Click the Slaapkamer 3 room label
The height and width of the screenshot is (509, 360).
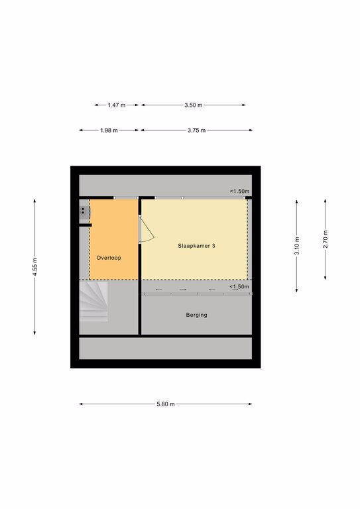pos(196,246)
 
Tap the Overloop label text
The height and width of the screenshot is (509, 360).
pos(109,258)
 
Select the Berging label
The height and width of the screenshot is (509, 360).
pos(196,315)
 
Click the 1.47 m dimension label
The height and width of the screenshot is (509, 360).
pos(117,105)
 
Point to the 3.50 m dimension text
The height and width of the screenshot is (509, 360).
pos(194,105)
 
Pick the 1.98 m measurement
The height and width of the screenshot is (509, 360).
pos(109,131)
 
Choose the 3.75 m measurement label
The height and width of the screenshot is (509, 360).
pos(197,131)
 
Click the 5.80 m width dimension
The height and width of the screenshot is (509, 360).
pos(166,404)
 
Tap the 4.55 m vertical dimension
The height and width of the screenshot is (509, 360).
pos(34,267)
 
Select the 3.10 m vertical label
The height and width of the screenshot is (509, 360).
pos(297,246)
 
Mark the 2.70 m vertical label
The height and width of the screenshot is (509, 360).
pos(326,239)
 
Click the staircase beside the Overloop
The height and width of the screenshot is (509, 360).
pos(93,302)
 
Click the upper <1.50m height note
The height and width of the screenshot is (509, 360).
pos(239,191)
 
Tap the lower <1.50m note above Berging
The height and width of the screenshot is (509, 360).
pos(239,286)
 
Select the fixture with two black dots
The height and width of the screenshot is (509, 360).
pos(85,212)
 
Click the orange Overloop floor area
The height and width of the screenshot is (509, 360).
pos(113,239)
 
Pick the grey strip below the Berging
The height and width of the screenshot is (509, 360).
pos(166,349)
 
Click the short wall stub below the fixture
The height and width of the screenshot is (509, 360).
pos(86,225)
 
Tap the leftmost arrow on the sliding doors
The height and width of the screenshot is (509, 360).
pos(158,290)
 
